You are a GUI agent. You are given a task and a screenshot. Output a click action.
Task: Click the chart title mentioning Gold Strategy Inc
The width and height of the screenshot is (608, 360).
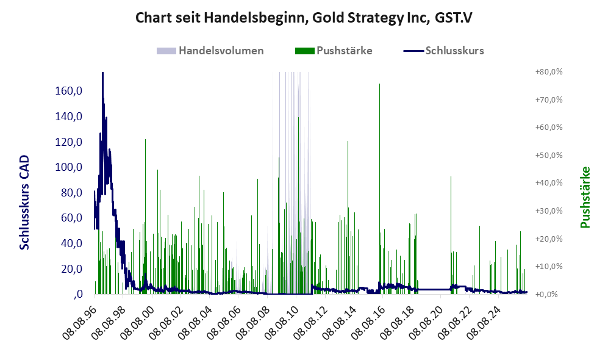pyautogui.click(x=304, y=18)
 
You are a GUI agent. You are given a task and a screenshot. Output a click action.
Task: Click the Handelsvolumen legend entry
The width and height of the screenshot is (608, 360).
pyautogui.click(x=210, y=51)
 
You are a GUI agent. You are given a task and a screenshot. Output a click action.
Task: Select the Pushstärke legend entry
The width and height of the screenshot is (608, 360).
pyautogui.click(x=334, y=51)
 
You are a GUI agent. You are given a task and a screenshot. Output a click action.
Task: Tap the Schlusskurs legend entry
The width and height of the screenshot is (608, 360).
pyautogui.click(x=443, y=51)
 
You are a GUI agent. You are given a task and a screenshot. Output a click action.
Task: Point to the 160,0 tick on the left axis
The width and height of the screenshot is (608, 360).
pyautogui.click(x=69, y=91)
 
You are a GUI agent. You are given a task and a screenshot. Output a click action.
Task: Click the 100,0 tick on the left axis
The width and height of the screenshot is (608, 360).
pyautogui.click(x=69, y=167)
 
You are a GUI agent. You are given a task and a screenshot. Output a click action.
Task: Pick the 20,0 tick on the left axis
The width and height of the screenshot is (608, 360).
pyautogui.click(x=72, y=269)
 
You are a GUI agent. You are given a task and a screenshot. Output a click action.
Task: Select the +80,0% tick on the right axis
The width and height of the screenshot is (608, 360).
pyautogui.click(x=549, y=72)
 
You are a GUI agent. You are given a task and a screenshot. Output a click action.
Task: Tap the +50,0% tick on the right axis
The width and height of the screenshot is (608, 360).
pyautogui.click(x=549, y=155)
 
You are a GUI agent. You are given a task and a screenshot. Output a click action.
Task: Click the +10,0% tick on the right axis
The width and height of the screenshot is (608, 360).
pyautogui.click(x=549, y=267)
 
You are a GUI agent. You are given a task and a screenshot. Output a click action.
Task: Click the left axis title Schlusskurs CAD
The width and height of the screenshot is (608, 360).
pyautogui.click(x=24, y=202)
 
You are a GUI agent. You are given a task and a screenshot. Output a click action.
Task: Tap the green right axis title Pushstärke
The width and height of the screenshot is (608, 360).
pyautogui.click(x=585, y=198)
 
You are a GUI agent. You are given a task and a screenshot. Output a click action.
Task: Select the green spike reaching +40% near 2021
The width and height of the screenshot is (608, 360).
pyautogui.click(x=451, y=235)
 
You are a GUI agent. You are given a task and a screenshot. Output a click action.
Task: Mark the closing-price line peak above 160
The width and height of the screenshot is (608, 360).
pyautogui.click(x=102, y=74)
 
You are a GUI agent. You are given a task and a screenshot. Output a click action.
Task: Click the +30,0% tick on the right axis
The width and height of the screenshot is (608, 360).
pyautogui.click(x=549, y=211)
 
